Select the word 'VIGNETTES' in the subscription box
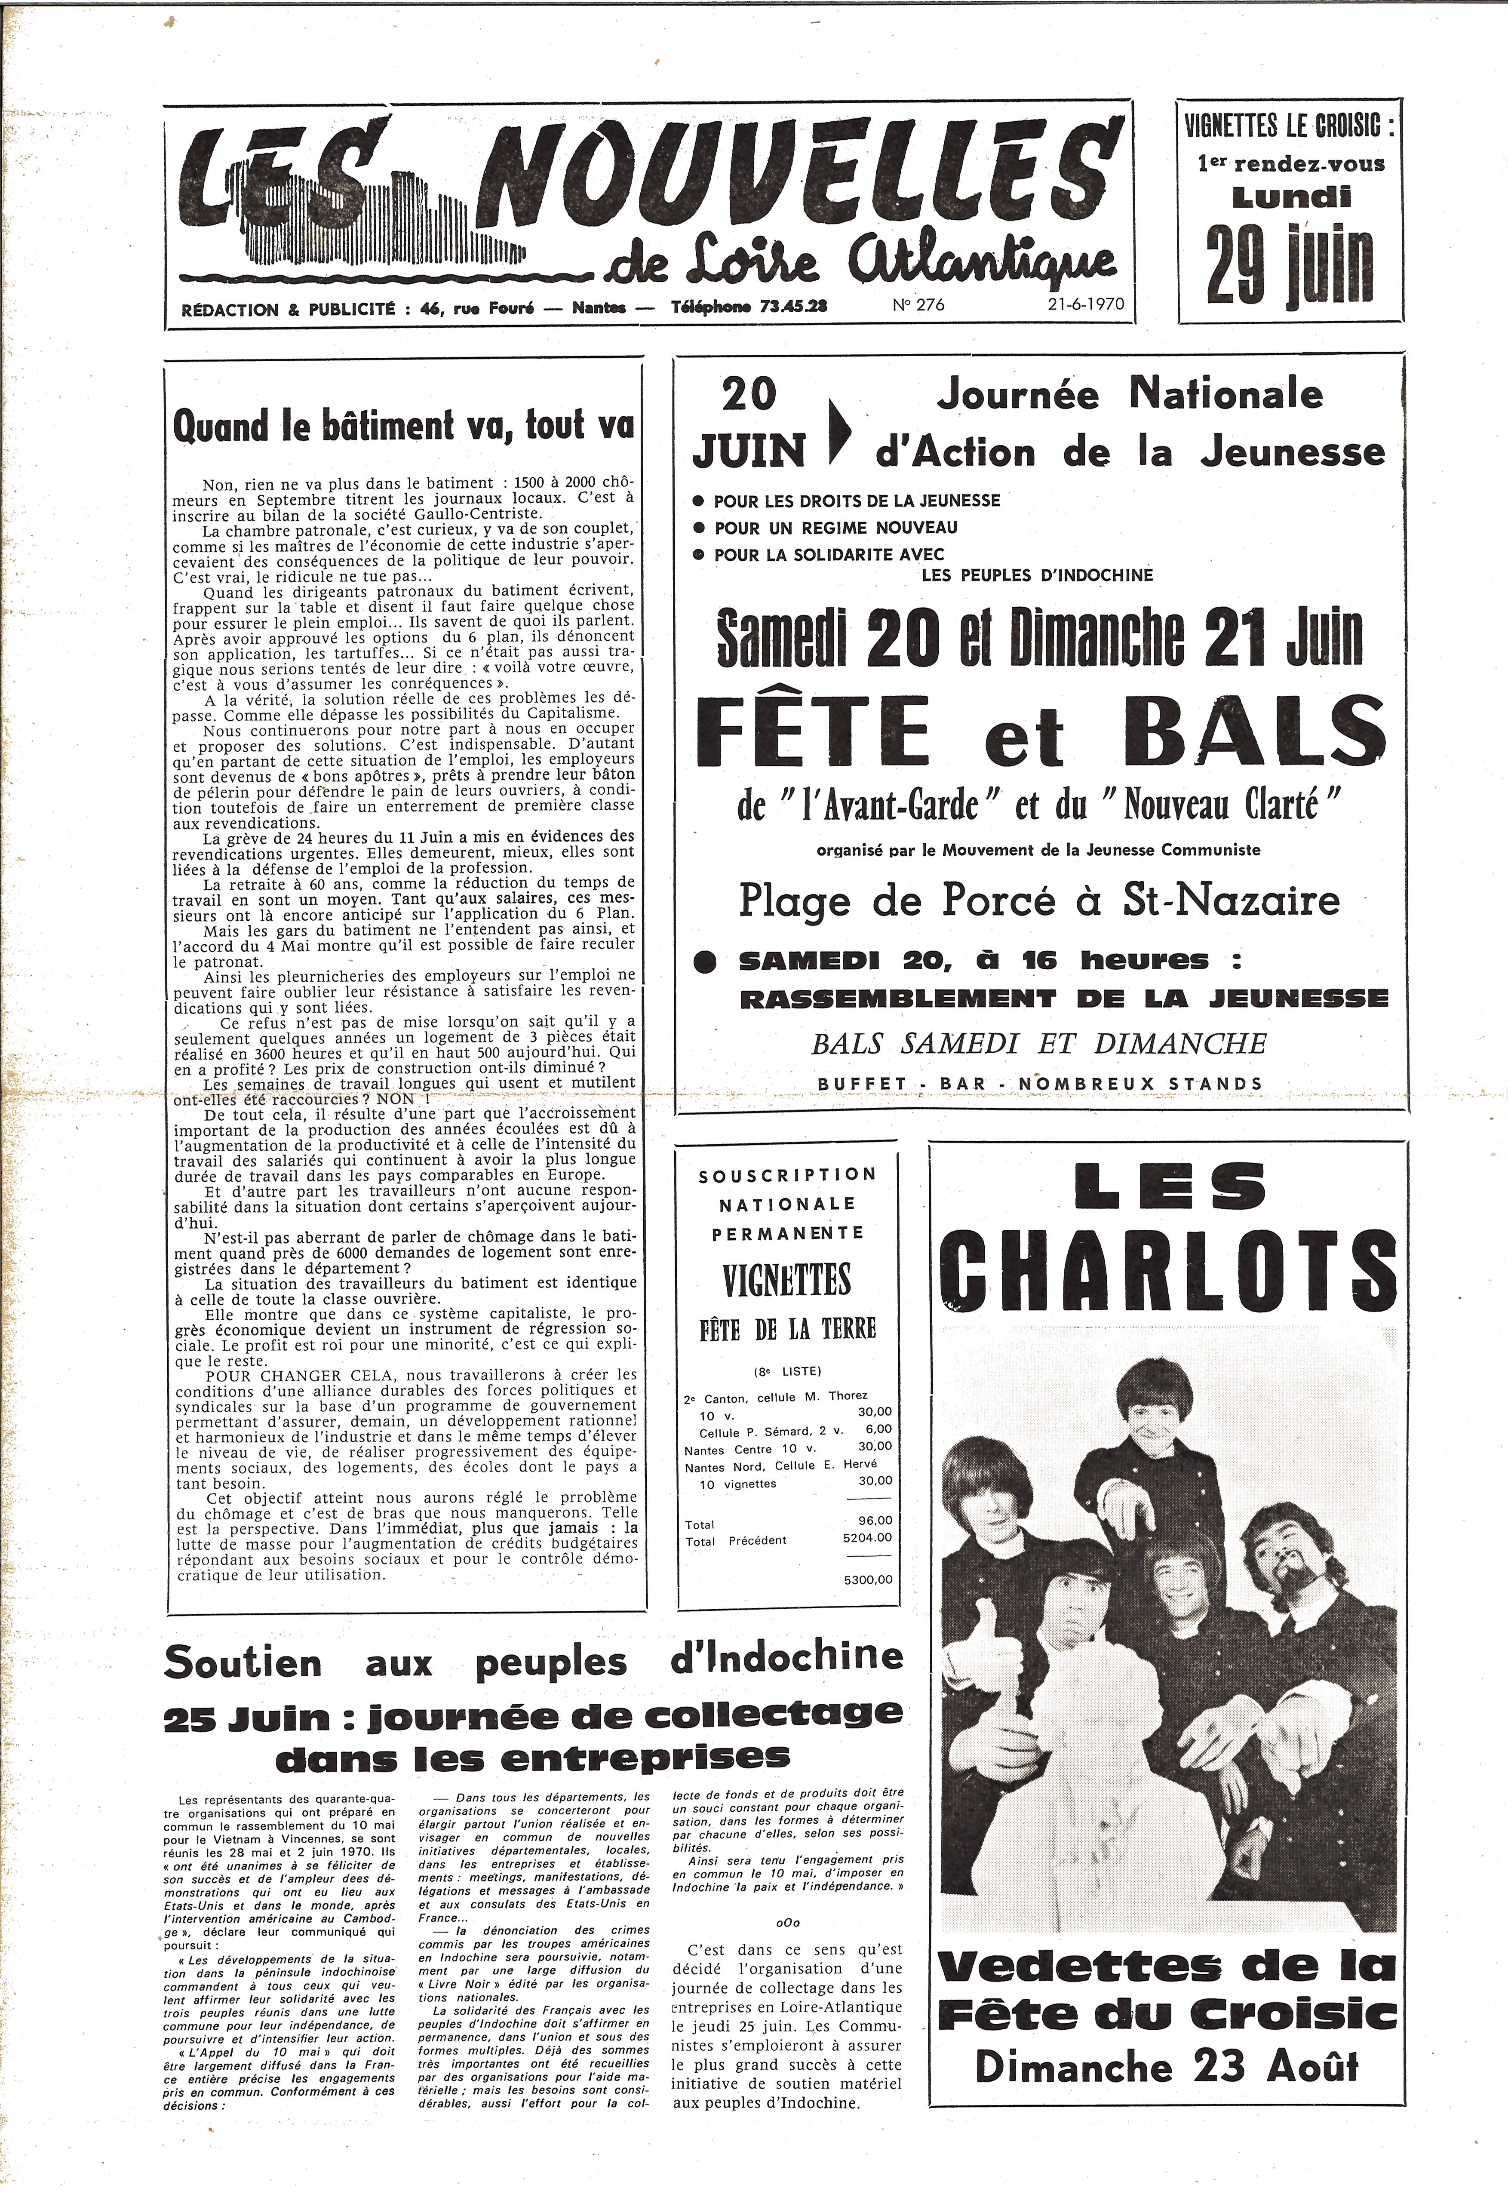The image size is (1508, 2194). coord(787,1281)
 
